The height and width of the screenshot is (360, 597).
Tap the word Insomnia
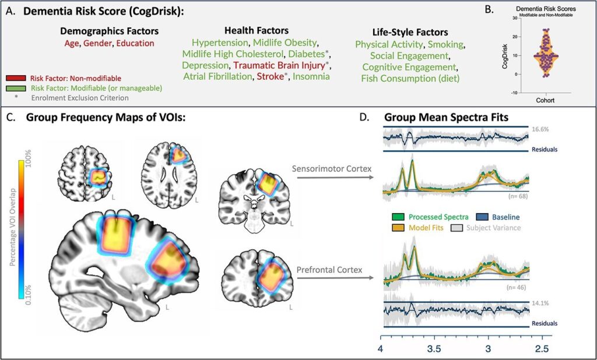pyautogui.click(x=311, y=76)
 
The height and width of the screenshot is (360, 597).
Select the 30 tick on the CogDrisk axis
pyautogui.click(x=516, y=19)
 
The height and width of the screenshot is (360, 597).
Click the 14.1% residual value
pyautogui.click(x=539, y=303)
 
